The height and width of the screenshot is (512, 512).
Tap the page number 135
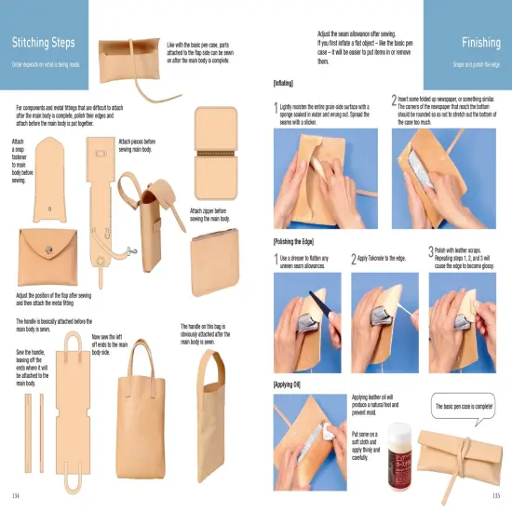pyautogui.click(x=497, y=493)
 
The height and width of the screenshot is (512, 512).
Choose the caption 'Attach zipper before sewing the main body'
pyautogui.click(x=211, y=215)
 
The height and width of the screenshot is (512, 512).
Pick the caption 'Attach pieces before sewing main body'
pyautogui.click(x=144, y=145)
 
